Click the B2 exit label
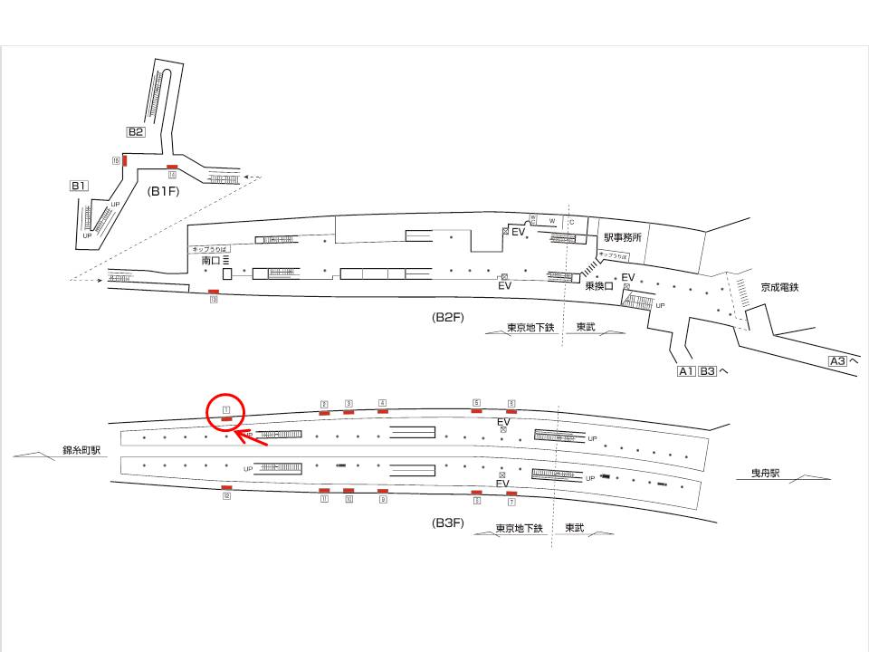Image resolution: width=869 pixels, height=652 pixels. click(x=135, y=132)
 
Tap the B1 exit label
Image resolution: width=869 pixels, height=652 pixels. click(x=79, y=187)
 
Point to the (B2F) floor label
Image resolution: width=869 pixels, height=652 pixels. click(x=448, y=318)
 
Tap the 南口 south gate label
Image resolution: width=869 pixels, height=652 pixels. click(x=211, y=261)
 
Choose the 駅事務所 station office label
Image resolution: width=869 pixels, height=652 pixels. click(x=623, y=238)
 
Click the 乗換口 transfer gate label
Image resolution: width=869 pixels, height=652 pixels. click(x=598, y=286)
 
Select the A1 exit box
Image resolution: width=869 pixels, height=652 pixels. click(x=686, y=370)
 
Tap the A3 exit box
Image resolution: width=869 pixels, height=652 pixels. click(x=838, y=361)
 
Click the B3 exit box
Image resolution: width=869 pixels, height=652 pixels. click(x=708, y=370)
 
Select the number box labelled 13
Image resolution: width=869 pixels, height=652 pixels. click(x=214, y=300)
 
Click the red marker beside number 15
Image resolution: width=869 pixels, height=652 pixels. click(x=124, y=160)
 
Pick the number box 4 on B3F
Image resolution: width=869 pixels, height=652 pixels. click(x=383, y=402)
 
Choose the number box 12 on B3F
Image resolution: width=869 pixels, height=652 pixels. click(x=227, y=496)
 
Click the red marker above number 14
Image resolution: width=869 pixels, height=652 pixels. click(x=172, y=168)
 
